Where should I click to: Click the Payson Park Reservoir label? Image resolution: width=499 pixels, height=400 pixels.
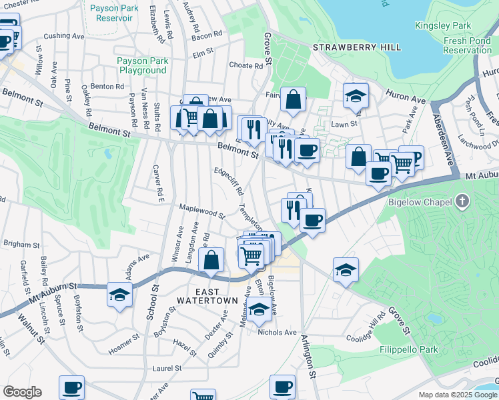point(110,13)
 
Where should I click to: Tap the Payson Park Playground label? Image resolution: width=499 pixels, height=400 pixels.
point(143,65)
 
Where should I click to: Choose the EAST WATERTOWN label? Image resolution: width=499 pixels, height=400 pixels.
point(207,297)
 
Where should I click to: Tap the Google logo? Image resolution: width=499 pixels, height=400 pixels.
point(22,392)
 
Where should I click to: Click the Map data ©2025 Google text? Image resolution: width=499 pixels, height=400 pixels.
point(457,395)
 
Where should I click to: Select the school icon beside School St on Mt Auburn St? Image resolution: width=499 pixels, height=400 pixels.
point(119,295)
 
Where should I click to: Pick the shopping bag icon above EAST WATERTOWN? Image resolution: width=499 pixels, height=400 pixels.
point(211,261)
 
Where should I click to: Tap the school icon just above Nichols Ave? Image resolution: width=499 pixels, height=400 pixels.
point(259,309)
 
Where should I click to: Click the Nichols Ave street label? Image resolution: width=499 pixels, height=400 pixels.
point(277,332)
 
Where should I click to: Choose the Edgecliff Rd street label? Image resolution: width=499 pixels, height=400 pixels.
point(228,181)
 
